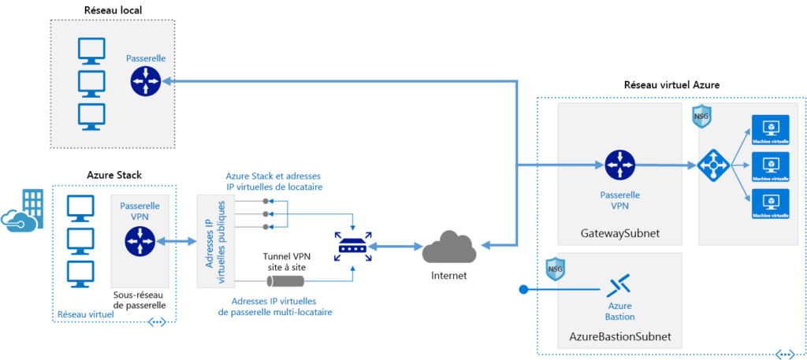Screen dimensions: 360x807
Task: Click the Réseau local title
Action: click(117, 10)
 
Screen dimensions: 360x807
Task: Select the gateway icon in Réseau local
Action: click(146, 80)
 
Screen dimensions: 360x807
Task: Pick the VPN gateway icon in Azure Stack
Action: click(139, 240)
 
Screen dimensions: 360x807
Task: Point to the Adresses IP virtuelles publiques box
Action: click(214, 239)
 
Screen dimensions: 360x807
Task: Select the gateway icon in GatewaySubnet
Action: click(619, 165)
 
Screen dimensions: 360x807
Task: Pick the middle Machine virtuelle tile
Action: click(770, 165)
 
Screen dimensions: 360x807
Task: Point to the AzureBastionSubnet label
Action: click(620, 336)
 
